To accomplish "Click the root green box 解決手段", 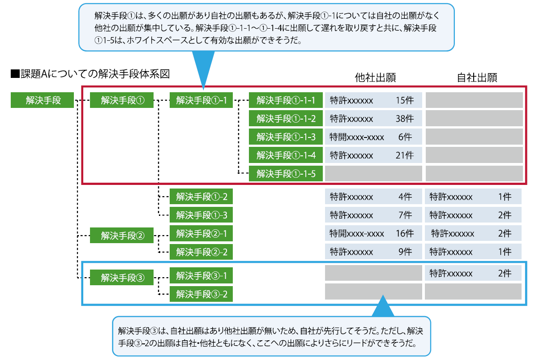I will [43, 100].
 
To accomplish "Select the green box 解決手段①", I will [122, 100].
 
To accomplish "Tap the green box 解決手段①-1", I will [201, 100].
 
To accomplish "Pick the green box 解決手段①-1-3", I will [286, 137].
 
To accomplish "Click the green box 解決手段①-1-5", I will [286, 174].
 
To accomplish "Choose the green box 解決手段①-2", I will [201, 197].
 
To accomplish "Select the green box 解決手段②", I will [122, 235].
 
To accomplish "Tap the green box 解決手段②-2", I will [201, 252].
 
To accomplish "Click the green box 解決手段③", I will [122, 278].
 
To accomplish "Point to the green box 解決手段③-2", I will [201, 294].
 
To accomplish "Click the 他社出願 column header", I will [375, 77].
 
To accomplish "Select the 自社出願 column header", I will [477, 77].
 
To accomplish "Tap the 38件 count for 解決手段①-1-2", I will [404, 119].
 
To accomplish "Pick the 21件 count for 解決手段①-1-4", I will [404, 155].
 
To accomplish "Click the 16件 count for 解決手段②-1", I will [404, 233].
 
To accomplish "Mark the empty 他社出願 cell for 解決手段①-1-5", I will [373, 173].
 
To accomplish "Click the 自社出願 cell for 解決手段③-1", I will [473, 273].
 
